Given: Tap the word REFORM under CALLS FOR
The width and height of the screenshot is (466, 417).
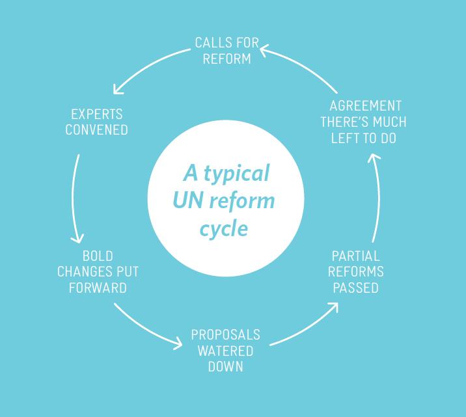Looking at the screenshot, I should point(226,59).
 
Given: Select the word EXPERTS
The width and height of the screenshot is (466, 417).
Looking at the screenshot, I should point(96,114).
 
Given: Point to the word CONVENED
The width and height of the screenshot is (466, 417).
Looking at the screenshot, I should point(96,129).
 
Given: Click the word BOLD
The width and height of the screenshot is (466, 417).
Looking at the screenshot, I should point(98,256).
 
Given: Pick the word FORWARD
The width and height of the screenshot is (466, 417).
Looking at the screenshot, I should point(98,288).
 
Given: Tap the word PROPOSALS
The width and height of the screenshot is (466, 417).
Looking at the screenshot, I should point(225,335).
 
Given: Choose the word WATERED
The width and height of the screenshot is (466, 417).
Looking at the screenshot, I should point(226,351).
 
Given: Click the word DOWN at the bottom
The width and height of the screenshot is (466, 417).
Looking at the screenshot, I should point(226,366).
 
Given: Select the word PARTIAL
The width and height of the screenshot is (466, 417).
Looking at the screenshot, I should point(355,256).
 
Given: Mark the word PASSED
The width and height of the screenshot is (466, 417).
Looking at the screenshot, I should point(355,288).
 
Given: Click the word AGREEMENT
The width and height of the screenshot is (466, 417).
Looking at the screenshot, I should point(365,106).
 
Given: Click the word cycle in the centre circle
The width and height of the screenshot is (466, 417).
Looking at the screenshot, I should point(224,229).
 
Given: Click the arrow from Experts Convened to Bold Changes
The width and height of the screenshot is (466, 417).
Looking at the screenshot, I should point(74,198).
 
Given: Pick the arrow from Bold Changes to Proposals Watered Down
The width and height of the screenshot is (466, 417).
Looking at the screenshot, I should point(146,329).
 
